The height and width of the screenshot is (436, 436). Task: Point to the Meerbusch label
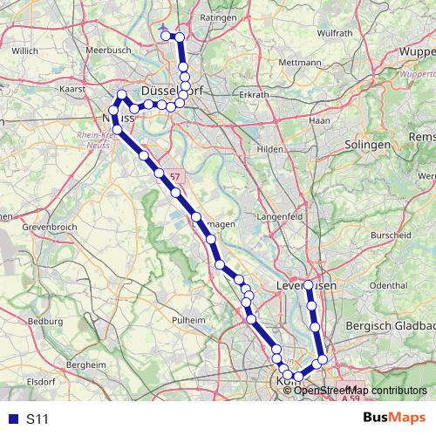point(109,51)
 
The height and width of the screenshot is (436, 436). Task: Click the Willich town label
point(25,51)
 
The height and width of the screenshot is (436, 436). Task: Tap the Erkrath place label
point(254,93)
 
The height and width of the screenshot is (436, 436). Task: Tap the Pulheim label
point(188,321)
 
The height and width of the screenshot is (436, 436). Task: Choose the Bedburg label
point(46,321)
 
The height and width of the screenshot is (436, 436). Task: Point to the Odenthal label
point(389,285)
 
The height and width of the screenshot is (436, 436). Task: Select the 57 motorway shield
point(175,176)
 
